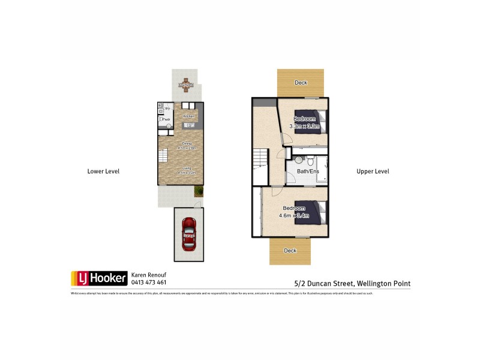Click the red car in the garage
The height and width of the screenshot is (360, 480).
tap(188, 234)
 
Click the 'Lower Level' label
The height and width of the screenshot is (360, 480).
tap(103, 171)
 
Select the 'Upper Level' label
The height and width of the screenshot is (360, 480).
tap(373, 171)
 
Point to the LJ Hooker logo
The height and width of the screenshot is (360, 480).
tap(99, 278)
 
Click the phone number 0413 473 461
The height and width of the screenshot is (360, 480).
tap(148, 282)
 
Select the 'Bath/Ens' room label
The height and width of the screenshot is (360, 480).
tap(308, 172)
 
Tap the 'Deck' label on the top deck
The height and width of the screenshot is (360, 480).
tap(301, 83)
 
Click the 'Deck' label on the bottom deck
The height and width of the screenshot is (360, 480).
tap(290, 250)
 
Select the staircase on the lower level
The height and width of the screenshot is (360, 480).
tap(164, 158)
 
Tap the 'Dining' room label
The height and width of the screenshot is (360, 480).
tap(186, 143)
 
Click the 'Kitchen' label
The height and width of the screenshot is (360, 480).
tap(188, 116)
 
